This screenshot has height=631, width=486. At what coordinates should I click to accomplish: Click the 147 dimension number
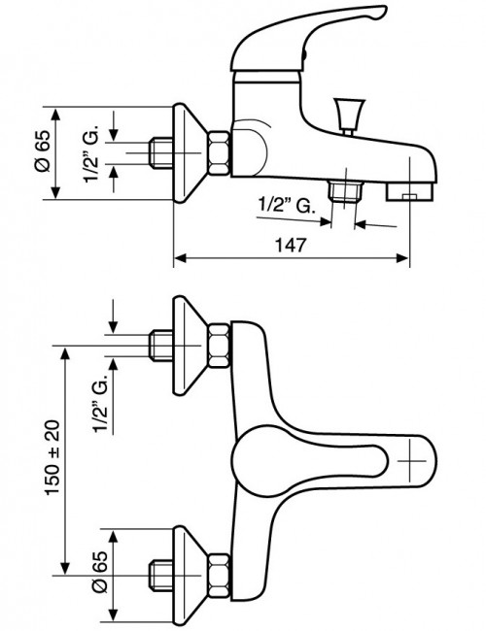click(291, 245)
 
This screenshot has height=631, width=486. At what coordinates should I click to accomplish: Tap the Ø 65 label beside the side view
click(44, 151)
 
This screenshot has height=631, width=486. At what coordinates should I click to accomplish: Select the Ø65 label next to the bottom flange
click(100, 572)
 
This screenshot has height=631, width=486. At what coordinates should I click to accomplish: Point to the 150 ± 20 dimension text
click(52, 458)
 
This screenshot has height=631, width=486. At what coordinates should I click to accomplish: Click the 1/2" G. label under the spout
click(286, 206)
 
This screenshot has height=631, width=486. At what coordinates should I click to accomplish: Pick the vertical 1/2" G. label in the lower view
click(101, 403)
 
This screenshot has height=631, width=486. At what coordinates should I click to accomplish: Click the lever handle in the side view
click(306, 40)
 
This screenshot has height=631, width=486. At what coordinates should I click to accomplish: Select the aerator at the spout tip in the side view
click(410, 191)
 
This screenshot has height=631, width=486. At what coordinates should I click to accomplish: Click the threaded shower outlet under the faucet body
click(345, 190)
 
